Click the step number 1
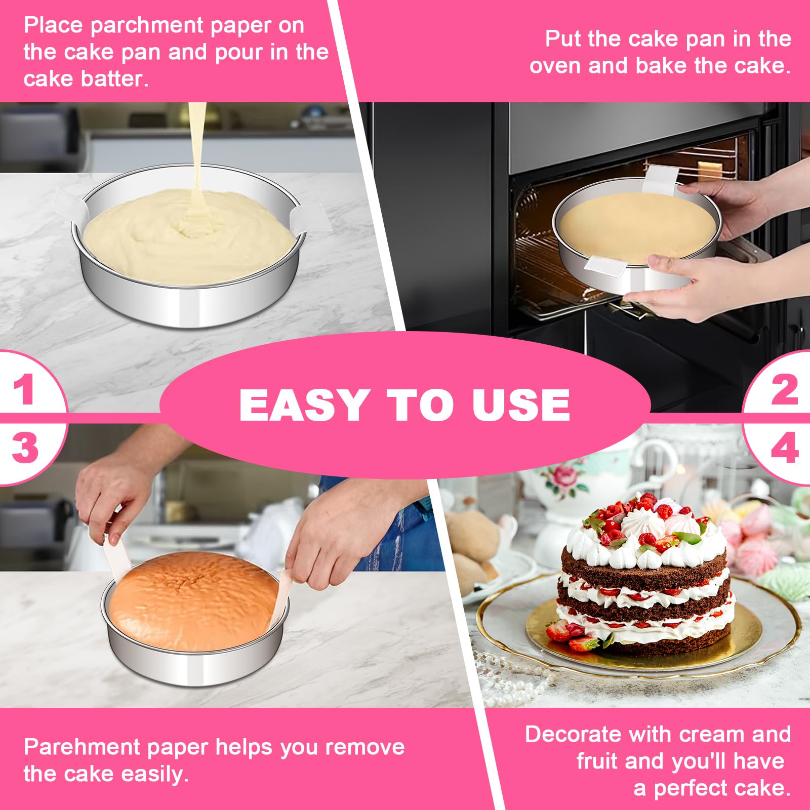tap(24, 389)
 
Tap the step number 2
tap(784, 389)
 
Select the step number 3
tap(25, 448)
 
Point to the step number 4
tap(784, 448)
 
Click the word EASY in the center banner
tap(303, 405)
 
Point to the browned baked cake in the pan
tap(194, 601)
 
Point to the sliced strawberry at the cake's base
tap(559, 630)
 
